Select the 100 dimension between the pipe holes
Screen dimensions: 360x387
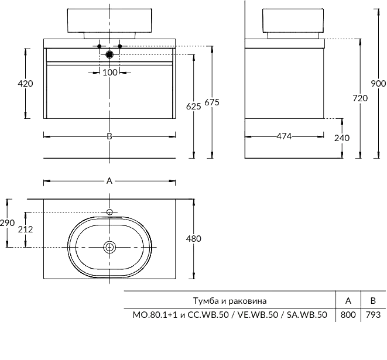[110, 72]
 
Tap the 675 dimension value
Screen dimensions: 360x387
[212, 102]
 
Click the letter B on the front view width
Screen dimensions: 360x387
[109, 136]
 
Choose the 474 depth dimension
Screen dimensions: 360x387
[284, 136]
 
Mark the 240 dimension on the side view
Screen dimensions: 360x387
[341, 138]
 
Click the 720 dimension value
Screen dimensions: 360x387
[360, 98]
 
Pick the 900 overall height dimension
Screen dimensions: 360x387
[378, 84]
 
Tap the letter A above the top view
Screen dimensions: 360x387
[109, 181]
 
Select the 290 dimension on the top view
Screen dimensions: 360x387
[7, 223]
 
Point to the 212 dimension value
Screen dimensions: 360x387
[25, 229]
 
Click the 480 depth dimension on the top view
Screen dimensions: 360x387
[193, 238]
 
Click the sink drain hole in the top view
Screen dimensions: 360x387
[109, 247]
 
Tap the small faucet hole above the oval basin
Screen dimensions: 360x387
[109, 211]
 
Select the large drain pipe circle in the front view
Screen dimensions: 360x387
[109, 55]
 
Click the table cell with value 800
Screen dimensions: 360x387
[348, 315]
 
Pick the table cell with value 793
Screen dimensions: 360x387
[372, 315]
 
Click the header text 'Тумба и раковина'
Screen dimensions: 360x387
[230, 301]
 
